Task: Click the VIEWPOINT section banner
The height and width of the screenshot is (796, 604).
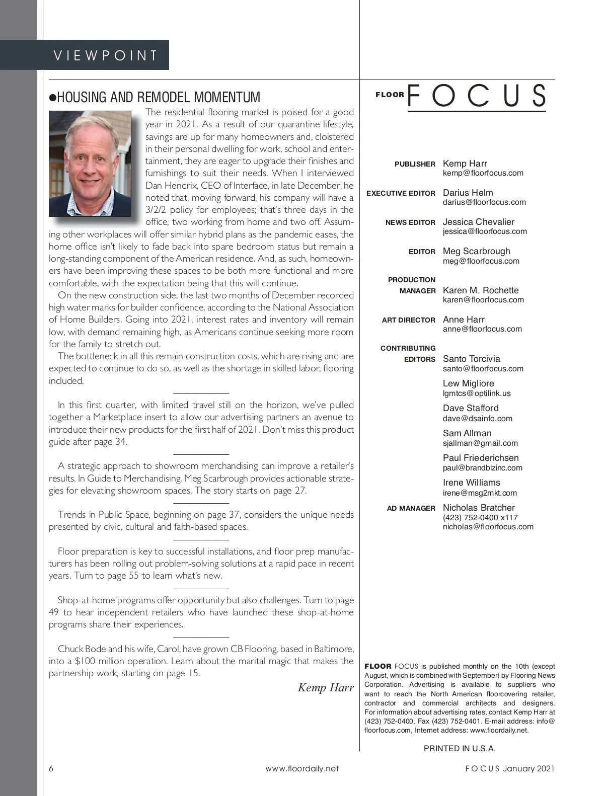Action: point(106,55)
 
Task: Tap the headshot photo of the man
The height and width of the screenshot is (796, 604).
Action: point(91,164)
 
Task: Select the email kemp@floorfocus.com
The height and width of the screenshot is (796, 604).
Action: point(483,173)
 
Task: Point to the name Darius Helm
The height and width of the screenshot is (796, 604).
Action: point(468,193)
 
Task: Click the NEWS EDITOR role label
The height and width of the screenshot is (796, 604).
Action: point(410,222)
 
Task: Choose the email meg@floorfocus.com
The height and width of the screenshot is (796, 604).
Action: point(481,261)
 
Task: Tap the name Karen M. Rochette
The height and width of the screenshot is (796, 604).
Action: point(480,290)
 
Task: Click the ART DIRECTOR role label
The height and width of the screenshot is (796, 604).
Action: point(408,320)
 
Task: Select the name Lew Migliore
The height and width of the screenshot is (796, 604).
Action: point(468,383)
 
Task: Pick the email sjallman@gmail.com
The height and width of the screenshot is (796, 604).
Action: point(480,443)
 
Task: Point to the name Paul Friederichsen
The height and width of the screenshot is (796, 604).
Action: point(480,458)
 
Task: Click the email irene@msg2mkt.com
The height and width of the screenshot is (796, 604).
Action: point(480,493)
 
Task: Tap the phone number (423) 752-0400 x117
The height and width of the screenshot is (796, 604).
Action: point(480,518)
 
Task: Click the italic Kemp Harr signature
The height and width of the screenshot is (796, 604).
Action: point(326,688)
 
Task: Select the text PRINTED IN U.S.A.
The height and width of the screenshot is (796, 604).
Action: point(460,748)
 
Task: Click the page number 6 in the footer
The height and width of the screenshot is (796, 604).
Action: point(51,768)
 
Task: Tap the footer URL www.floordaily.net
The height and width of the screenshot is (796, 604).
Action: point(302,768)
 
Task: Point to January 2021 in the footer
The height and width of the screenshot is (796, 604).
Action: point(528,768)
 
